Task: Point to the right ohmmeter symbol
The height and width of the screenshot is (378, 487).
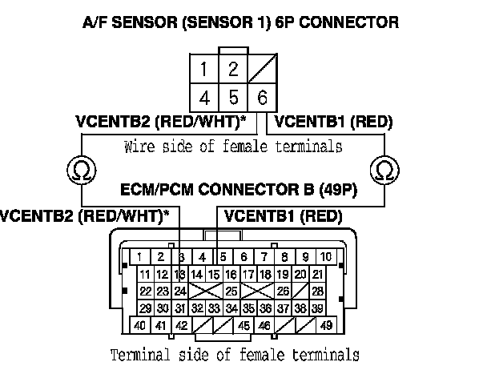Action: pos(384,170)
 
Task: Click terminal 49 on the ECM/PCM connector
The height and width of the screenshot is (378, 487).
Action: pos(325,326)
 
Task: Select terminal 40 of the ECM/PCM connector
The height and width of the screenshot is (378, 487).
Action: pos(139,326)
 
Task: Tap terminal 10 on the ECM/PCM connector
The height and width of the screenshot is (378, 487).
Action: pos(325,256)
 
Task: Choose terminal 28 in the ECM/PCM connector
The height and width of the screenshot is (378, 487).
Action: pos(318,292)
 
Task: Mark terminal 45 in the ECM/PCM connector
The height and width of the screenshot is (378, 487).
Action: pos(242,326)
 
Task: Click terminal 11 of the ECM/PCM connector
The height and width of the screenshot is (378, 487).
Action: pos(145,275)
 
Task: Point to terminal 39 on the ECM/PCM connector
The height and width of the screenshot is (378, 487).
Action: pos(318,308)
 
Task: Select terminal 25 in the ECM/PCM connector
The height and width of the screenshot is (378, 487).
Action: pos(231,292)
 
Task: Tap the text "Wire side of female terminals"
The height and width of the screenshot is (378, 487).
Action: pos(234,147)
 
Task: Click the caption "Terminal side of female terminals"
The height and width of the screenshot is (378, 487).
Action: pos(233,353)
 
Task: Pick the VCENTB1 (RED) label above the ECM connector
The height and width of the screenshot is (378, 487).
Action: pos(284,216)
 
